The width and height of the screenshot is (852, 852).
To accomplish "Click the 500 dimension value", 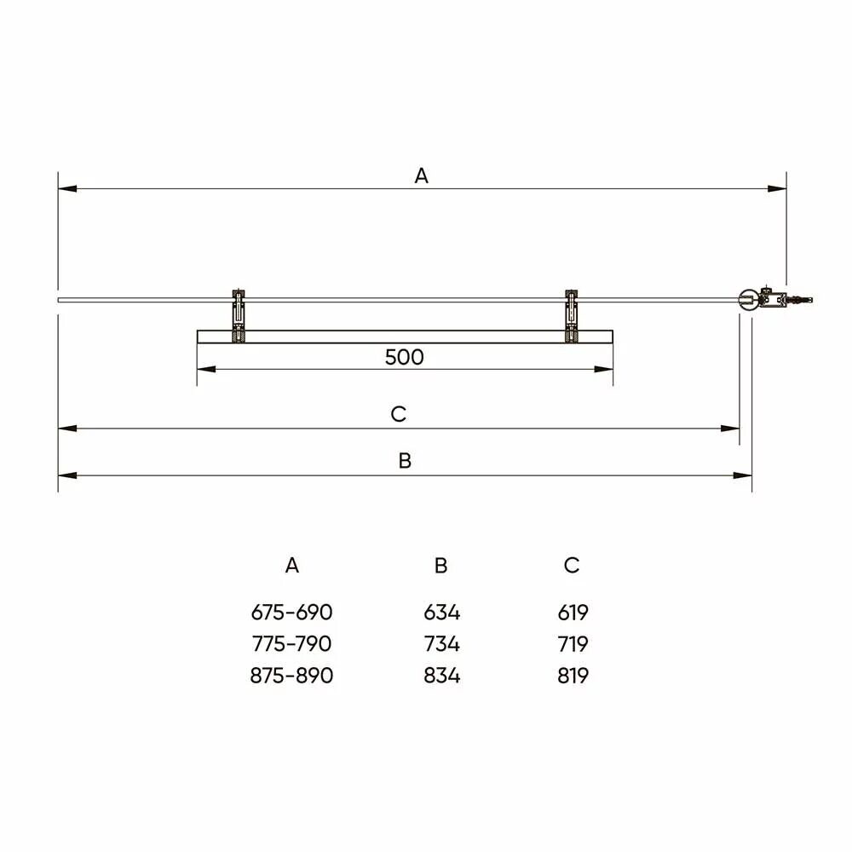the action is point(404,357).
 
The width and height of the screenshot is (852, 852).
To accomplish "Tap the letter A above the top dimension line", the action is point(421,176).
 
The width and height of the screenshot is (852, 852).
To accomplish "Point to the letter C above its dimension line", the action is point(398,414).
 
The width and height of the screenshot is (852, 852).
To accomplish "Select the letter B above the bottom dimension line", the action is point(405,461).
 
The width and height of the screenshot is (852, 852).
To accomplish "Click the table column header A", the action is point(291,566).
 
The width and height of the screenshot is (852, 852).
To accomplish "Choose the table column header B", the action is point(440,566).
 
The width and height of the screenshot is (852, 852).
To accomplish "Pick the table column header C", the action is point(572,566).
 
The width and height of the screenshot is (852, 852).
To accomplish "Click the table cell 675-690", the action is point(291,613).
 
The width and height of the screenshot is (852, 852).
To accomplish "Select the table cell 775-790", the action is point(291,644).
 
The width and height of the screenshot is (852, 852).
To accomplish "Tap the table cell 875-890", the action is point(291,676).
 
